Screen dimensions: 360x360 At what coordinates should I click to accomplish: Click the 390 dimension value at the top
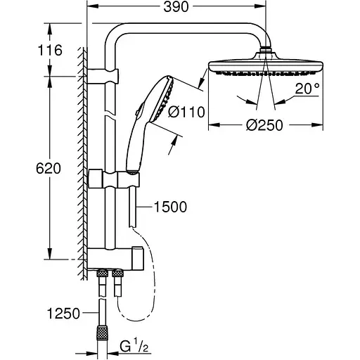176,7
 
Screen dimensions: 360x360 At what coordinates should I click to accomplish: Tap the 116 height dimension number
50,50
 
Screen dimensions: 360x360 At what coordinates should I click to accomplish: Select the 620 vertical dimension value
49,168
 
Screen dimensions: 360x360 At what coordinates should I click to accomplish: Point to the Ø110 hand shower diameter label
186,112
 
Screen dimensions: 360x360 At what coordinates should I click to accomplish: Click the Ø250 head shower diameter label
264,125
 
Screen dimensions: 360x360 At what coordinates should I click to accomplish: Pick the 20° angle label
307,89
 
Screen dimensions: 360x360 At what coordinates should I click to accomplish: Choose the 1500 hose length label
170,207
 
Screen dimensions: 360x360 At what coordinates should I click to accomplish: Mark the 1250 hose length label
63,313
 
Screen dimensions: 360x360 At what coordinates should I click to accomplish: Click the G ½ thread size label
134,347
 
